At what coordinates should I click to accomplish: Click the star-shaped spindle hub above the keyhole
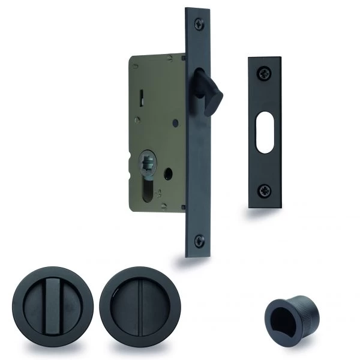[146, 160]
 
